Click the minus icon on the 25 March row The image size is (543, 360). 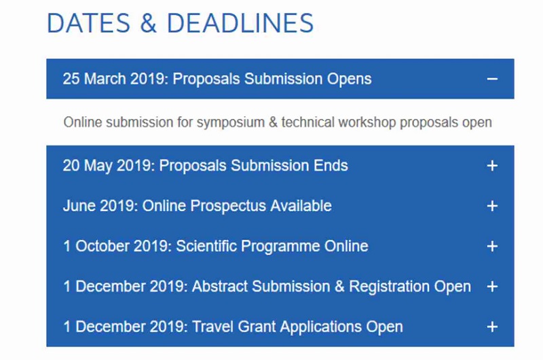[x=492, y=79]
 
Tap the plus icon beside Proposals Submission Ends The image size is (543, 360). [x=492, y=166]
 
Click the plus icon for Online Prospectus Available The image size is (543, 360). [x=492, y=206]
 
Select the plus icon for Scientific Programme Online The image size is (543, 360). [x=492, y=246]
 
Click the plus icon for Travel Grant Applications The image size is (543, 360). [x=492, y=327]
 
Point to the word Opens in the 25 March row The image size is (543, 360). [x=350, y=79]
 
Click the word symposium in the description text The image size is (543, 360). [x=227, y=123]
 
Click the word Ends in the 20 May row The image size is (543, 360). [x=333, y=166]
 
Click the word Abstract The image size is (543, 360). [x=220, y=287]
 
